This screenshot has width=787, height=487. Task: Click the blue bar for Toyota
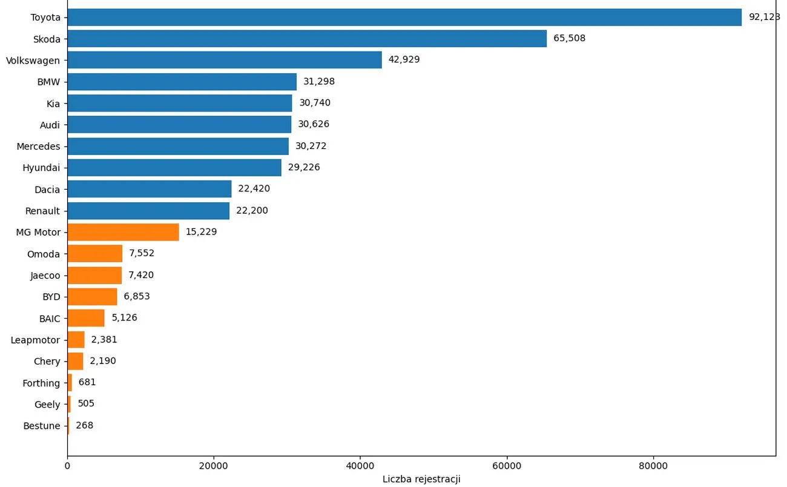pyautogui.click(x=404, y=17)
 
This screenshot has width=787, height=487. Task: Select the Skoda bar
pyautogui.click(x=307, y=39)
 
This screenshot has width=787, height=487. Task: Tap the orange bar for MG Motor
pyautogui.click(x=123, y=232)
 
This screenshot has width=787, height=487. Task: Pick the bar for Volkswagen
pyautogui.click(x=225, y=60)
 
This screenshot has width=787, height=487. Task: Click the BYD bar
pyautogui.click(x=92, y=297)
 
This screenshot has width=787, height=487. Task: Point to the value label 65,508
pyautogui.click(x=569, y=39)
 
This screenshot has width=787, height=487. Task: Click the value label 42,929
pyautogui.click(x=404, y=60)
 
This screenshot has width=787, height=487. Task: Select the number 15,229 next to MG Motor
pyautogui.click(x=201, y=232)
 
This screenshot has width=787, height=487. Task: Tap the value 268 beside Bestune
pyautogui.click(x=85, y=426)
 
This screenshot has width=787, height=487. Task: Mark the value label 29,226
pyautogui.click(x=304, y=168)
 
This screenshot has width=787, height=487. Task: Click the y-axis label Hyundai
pyautogui.click(x=41, y=168)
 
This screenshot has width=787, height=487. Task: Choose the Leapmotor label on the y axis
pyautogui.click(x=35, y=340)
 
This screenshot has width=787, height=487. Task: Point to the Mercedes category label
pyautogui.click(x=38, y=147)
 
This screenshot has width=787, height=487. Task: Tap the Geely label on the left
pyautogui.click(x=47, y=405)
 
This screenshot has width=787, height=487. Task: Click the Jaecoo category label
pyautogui.click(x=45, y=276)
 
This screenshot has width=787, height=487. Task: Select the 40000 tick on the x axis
pyautogui.click(x=360, y=466)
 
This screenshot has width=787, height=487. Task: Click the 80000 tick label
pyautogui.click(x=653, y=466)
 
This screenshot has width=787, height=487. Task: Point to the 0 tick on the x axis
pyautogui.click(x=67, y=466)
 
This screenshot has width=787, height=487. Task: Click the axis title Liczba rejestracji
pyautogui.click(x=421, y=479)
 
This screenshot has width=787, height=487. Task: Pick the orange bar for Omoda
pyautogui.click(x=94, y=254)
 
